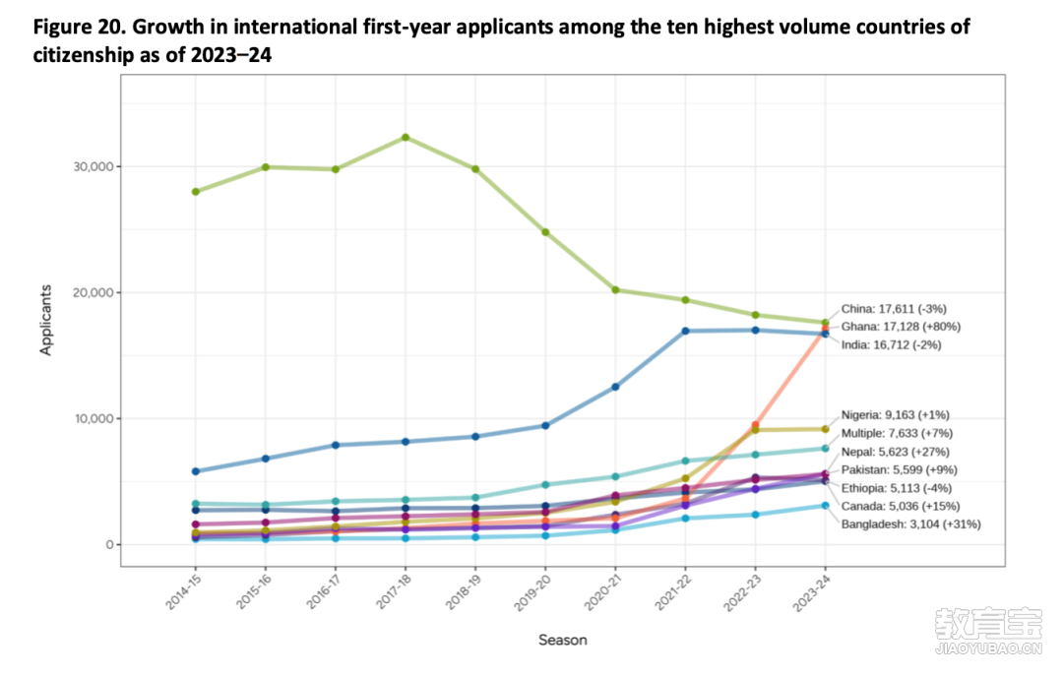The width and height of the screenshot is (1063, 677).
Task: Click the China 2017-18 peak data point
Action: [x=406, y=138]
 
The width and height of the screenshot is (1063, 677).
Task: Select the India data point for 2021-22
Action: [x=685, y=331]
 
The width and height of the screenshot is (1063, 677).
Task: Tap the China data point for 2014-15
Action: [x=196, y=192]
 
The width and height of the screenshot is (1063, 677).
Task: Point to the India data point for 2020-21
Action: [x=615, y=387]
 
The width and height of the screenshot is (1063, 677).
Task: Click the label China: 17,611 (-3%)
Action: [x=893, y=309]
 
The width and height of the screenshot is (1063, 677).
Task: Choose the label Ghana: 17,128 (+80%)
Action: [x=900, y=327]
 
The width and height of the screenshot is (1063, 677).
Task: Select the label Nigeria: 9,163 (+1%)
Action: [x=895, y=415]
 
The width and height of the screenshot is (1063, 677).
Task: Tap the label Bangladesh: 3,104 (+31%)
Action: [x=910, y=524]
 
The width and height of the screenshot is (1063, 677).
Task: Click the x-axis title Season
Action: [x=562, y=641]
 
